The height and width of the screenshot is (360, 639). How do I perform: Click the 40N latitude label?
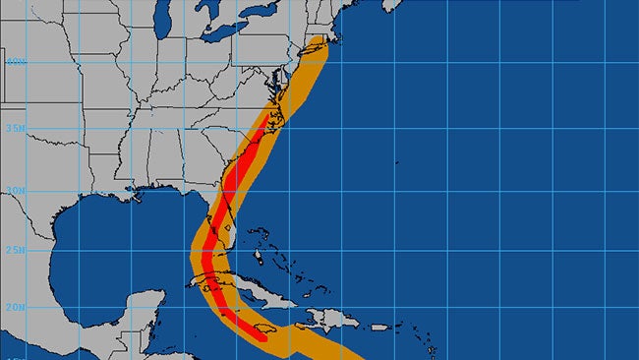coord(15,61)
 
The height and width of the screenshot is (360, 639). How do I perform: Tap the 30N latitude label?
coord(15,191)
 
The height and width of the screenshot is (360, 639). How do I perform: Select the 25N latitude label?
coord(15,250)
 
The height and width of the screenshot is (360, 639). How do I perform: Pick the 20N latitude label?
coord(15,306)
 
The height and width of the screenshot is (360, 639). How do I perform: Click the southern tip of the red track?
coord(261,339)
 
